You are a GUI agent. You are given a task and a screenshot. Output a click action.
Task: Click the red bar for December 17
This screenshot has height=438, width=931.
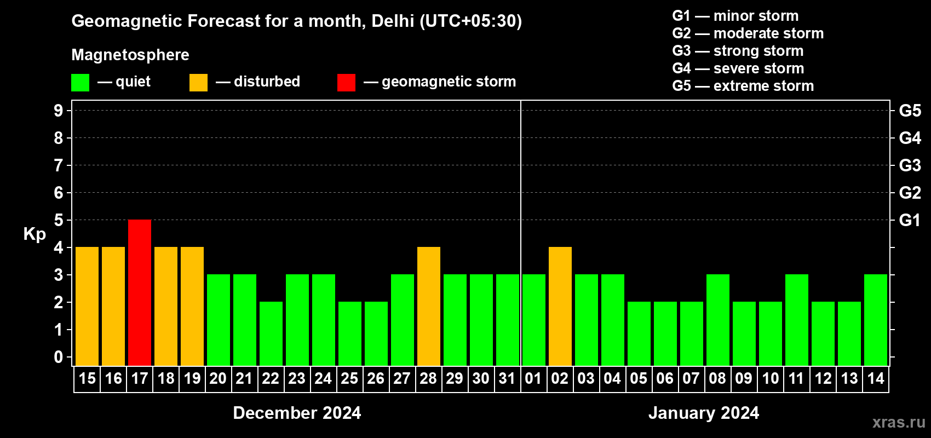[x=140, y=292]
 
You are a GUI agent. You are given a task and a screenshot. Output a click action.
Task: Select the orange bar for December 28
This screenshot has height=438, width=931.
[x=429, y=306]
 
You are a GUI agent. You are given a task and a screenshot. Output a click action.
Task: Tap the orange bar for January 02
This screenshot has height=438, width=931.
[x=560, y=306]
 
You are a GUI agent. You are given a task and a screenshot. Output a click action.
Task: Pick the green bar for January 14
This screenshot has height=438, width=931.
[x=876, y=320]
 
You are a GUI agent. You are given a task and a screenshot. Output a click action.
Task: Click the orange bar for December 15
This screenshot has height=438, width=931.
[x=87, y=306]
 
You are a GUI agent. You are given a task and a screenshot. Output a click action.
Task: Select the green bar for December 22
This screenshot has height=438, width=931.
[x=271, y=333]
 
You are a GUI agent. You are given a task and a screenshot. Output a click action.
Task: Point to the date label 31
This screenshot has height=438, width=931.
[x=507, y=379]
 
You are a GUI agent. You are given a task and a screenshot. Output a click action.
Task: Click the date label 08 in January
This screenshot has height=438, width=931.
[x=717, y=379]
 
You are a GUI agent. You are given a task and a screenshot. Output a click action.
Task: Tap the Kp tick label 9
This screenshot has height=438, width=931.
[x=59, y=111]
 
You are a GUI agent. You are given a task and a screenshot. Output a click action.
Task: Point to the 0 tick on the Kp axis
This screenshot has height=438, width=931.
[x=59, y=357]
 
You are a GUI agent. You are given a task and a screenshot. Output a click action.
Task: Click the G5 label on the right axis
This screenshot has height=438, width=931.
[x=910, y=111]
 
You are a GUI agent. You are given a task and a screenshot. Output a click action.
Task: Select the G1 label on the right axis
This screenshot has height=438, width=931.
[x=910, y=220]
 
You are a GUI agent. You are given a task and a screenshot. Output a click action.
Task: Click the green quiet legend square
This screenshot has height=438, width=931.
[x=81, y=83]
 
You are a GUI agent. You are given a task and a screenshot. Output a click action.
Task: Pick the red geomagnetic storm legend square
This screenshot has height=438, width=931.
[x=346, y=83]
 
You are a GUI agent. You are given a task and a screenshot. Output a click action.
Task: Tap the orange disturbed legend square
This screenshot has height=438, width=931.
[x=198, y=83]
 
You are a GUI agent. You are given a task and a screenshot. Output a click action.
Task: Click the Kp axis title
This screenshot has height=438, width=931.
[x=35, y=234]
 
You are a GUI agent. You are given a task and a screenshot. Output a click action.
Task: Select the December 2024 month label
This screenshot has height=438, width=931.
[x=297, y=413]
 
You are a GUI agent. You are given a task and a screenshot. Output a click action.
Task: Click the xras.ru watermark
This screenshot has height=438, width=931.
[x=899, y=422]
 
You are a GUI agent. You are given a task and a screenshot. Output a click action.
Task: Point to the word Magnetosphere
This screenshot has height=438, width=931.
[x=130, y=55]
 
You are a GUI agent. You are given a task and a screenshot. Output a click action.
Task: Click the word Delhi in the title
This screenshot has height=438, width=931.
[x=393, y=21]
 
